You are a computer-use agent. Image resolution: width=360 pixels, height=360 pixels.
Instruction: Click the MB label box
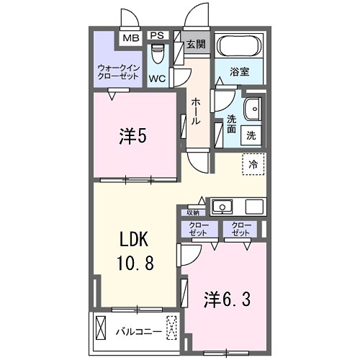[130, 37]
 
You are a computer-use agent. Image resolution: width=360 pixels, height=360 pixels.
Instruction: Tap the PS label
[156, 35]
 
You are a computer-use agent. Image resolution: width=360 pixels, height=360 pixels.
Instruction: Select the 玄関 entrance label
[196, 44]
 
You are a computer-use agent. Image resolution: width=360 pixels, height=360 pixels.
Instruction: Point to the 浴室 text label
[239, 73]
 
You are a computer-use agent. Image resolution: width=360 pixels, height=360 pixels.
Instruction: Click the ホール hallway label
[196, 112]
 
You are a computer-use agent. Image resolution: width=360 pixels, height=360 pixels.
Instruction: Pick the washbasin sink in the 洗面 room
[253, 110]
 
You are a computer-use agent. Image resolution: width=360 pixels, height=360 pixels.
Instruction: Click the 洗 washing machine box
[251, 134]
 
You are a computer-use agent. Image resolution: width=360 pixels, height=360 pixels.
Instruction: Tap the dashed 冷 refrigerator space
[253, 163]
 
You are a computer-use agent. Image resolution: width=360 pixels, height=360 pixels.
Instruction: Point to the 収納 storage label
[193, 212]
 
